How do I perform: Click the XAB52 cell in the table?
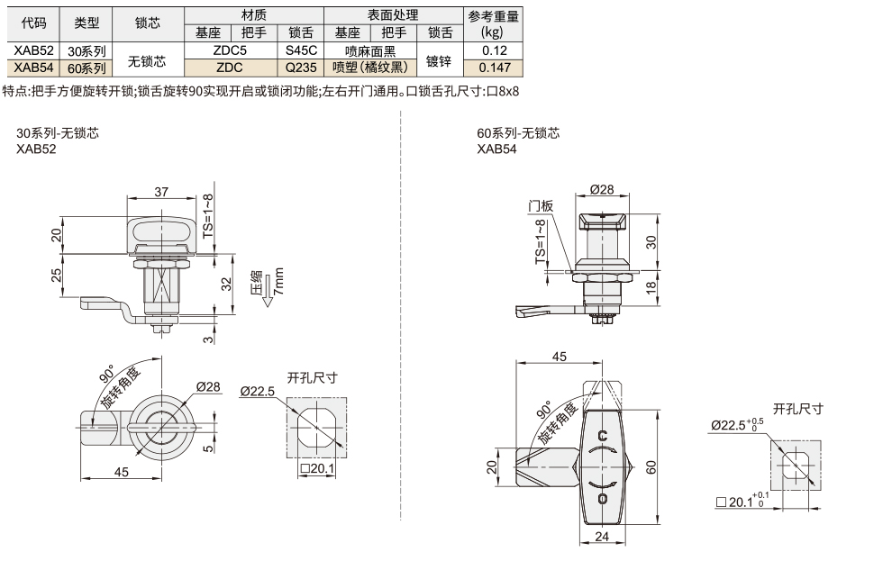coord(33,51)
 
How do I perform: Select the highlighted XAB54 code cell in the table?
coord(33,67)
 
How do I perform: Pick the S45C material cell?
coord(299,51)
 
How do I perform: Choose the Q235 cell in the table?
coord(299,67)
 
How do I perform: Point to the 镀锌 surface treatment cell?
coord(440,59)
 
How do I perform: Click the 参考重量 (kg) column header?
coord(492,24)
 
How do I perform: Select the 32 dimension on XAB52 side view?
coord(228,284)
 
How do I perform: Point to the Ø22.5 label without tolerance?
coord(258,391)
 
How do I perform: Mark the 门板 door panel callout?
coord(541,206)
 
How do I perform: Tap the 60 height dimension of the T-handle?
coord(650,465)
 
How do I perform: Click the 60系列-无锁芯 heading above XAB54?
coord(518,133)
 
